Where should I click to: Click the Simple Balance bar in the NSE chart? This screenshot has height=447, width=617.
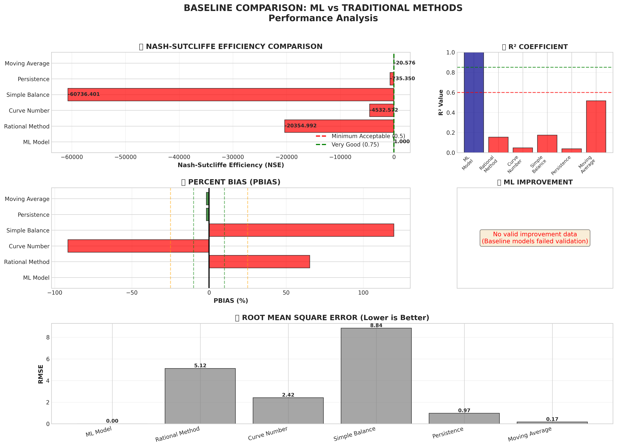click(x=231, y=95)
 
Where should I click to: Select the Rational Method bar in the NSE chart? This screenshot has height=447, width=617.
click(x=339, y=126)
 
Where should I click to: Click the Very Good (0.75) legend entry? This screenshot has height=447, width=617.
click(x=355, y=145)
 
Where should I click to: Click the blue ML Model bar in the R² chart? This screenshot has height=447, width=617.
click(x=474, y=102)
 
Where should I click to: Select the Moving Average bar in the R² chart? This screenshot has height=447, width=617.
click(x=596, y=127)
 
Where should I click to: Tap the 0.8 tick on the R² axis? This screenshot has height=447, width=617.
click(x=451, y=73)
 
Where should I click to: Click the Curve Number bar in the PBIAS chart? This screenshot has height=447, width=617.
click(x=138, y=246)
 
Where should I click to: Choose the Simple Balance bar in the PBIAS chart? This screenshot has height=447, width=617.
click(x=301, y=230)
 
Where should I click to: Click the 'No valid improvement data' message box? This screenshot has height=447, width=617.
click(x=535, y=238)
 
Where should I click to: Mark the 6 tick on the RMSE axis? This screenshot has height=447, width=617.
click(x=48, y=359)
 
